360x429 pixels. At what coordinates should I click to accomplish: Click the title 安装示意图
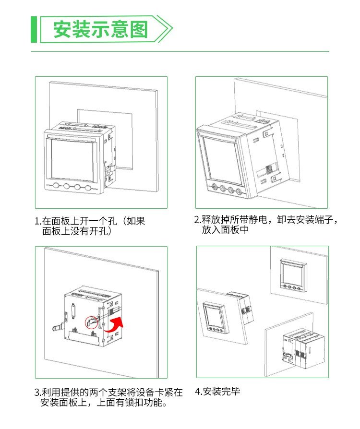tap(100, 29)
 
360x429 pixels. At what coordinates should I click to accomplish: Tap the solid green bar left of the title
tap(34, 29)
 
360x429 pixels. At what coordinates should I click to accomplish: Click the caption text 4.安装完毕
tap(217, 391)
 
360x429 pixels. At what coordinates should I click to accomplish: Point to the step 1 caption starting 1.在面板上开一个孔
tap(90, 226)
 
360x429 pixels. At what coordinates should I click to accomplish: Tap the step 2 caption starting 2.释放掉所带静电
tap(266, 225)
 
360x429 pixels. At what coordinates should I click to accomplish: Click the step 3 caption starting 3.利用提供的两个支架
tap(108, 397)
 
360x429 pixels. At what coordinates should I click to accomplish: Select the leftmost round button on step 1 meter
tap(56, 186)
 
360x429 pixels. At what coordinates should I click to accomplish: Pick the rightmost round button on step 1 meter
tap(88, 188)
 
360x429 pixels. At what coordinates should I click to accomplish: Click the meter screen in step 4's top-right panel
tap(293, 274)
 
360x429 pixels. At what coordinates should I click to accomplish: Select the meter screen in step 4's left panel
tap(215, 316)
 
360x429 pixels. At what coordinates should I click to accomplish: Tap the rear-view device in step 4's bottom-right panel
tap(303, 349)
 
